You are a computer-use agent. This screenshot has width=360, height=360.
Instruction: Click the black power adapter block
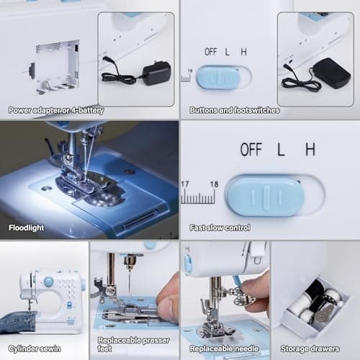(x=156, y=72)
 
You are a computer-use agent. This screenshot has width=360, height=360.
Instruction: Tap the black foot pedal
(x=332, y=72)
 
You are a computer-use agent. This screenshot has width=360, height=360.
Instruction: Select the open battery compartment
(x=58, y=66)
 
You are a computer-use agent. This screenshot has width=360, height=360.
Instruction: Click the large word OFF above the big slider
(x=251, y=150)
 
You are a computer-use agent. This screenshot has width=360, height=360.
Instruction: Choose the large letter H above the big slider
(x=310, y=150)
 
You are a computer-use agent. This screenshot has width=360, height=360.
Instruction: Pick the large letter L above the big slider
(x=282, y=150)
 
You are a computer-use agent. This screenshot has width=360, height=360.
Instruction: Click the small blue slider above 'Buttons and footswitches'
(x=219, y=77)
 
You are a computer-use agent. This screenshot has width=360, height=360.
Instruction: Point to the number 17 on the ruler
(x=186, y=184)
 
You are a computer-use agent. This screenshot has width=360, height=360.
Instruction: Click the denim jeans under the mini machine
(x=18, y=321)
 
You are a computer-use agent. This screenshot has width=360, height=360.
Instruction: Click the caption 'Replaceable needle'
(x=224, y=348)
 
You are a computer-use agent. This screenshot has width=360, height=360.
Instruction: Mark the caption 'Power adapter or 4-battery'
(x=56, y=110)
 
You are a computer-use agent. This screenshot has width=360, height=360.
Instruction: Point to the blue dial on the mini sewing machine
(x=48, y=281)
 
